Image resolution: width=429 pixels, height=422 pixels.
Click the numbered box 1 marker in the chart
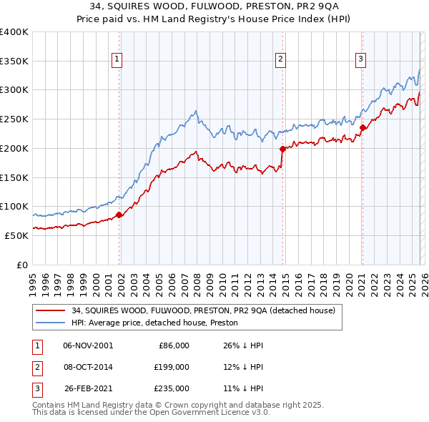117,59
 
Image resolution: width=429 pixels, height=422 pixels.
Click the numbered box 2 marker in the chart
280,59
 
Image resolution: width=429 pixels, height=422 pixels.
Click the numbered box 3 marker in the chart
361,59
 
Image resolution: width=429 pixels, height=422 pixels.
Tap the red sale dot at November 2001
119,215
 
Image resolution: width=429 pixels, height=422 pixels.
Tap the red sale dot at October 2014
282,149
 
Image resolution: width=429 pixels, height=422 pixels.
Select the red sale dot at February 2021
363,128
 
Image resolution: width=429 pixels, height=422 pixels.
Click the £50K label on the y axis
16,235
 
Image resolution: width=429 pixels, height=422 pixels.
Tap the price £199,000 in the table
172,367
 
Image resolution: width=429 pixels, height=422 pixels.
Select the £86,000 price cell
172,345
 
